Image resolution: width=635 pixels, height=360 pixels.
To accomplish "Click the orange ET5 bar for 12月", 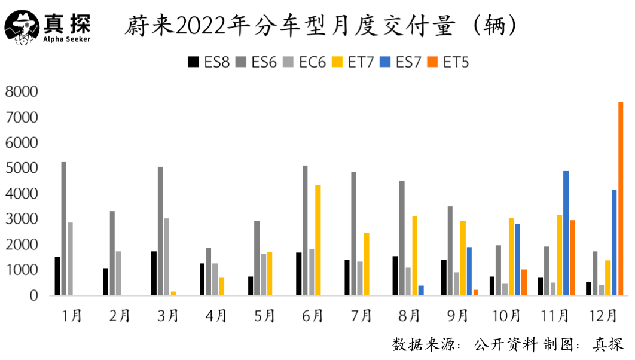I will pyautogui.click(x=621, y=199).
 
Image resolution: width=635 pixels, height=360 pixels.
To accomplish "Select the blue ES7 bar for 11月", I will pyautogui.click(x=566, y=233).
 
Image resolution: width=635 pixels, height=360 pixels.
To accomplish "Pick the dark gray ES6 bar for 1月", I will pyautogui.click(x=64, y=228).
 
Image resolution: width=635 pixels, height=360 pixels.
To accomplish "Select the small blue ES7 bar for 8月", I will pyautogui.click(x=421, y=291).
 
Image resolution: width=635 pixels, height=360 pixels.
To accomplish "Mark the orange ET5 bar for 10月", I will pyautogui.click(x=524, y=282).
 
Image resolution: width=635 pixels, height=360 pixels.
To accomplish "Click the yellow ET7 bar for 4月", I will pyautogui.click(x=222, y=286).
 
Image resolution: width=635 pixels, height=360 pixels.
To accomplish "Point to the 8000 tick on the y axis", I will pyautogui.click(x=22, y=91).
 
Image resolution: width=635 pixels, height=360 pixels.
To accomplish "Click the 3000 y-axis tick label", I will pyautogui.click(x=22, y=219).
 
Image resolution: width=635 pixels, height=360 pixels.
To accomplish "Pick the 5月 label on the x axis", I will pyautogui.click(x=264, y=315).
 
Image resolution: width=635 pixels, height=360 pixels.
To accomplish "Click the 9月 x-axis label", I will pyautogui.click(x=457, y=315).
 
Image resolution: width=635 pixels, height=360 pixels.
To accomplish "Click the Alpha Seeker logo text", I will pyautogui.click(x=67, y=39).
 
